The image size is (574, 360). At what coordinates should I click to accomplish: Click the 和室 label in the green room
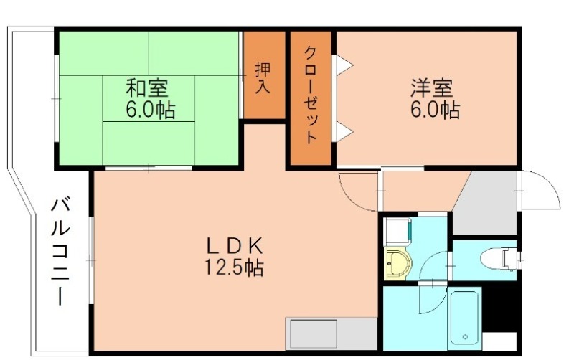148,89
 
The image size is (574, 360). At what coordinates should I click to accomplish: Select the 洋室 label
432,89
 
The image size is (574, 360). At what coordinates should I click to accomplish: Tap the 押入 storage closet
263,75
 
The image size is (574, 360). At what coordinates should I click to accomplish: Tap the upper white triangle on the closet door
344,66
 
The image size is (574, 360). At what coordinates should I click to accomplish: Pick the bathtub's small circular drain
466,336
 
